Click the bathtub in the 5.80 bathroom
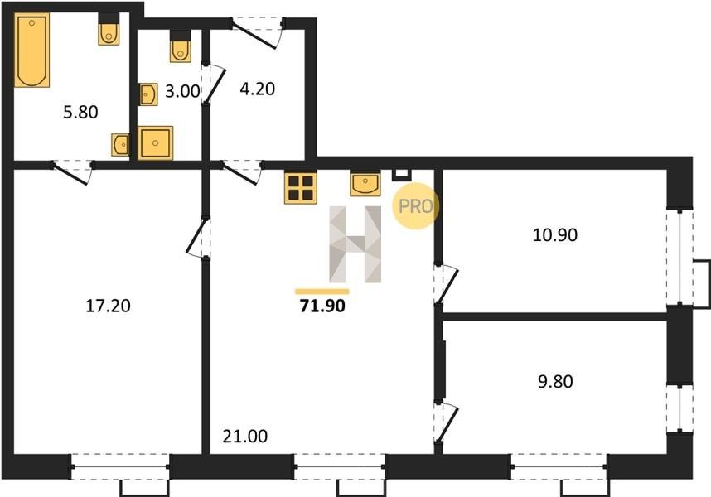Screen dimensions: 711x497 click(x=31, y=50)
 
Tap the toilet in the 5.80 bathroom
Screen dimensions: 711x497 click(x=109, y=30)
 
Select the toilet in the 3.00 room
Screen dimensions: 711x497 click(x=181, y=46)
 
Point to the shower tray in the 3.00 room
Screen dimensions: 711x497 click(x=156, y=142)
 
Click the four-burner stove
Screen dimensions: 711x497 click(x=301, y=188)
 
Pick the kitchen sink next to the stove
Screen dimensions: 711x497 click(x=365, y=185)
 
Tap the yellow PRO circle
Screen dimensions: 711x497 click(x=415, y=206)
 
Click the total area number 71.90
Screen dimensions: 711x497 click(x=322, y=306)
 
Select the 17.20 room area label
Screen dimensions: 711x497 click(x=108, y=306)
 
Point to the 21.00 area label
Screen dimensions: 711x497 click(x=244, y=437)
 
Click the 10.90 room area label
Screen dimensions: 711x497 click(x=555, y=235)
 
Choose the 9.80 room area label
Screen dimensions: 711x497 click(x=555, y=382)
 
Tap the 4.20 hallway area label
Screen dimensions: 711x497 click(x=257, y=89)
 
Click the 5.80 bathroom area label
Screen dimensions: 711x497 click(x=80, y=112)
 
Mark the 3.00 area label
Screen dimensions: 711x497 click(x=182, y=91)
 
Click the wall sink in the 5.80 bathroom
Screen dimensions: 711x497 click(x=121, y=145)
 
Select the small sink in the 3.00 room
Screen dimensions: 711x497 click(x=148, y=94)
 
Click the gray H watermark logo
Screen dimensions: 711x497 click(x=355, y=244)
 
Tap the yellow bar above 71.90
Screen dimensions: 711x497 click(x=322, y=292)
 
